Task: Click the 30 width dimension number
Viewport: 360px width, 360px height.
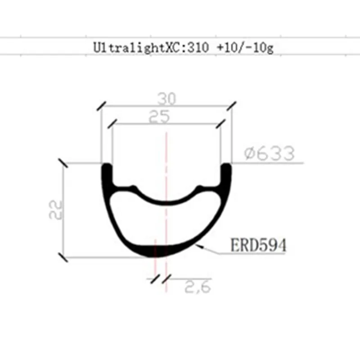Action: coord(166,99)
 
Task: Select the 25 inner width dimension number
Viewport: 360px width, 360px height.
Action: coord(159,117)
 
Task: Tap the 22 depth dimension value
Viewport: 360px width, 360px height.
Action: coord(56,210)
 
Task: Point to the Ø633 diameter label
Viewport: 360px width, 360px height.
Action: coord(269,153)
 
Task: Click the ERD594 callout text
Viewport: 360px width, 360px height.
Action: coord(258,245)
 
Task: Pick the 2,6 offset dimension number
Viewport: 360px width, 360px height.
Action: coord(198,286)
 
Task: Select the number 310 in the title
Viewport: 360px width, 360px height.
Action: coord(198,47)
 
